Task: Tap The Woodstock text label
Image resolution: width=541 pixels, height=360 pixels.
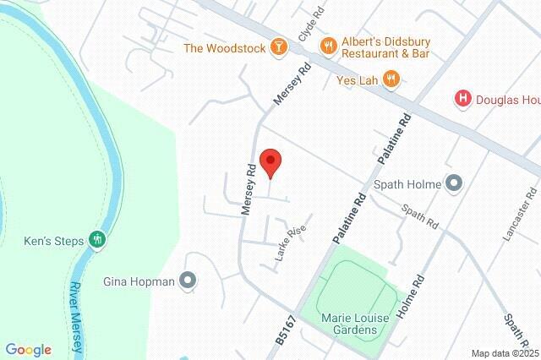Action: pyautogui.click(x=225, y=47)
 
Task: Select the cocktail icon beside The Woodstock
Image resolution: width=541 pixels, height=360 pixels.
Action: pyautogui.click(x=277, y=47)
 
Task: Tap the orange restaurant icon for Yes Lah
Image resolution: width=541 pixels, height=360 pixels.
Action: pyautogui.click(x=390, y=79)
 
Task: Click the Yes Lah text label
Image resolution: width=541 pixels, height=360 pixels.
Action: pyautogui.click(x=354, y=79)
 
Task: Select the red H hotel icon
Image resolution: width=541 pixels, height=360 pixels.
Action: pyautogui.click(x=462, y=99)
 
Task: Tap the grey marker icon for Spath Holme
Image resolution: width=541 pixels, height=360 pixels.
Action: pyautogui.click(x=454, y=183)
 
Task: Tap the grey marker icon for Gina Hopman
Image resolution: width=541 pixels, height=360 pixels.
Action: pyautogui.click(x=188, y=281)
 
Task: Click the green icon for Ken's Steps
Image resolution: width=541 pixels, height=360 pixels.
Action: pyautogui.click(x=98, y=241)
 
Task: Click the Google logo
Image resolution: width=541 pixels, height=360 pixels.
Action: pyautogui.click(x=28, y=349)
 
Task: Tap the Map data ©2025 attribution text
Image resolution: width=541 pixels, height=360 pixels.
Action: pyautogui.click(x=505, y=353)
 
